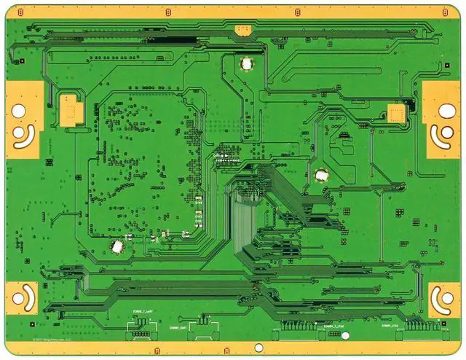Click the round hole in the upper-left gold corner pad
tap(18, 111)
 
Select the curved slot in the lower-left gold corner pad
tap(23, 295)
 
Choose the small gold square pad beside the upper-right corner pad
tap(397, 111)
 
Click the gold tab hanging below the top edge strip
tap(242, 29)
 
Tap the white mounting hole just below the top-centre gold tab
tap(246, 63)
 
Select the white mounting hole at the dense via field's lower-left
tap(116, 247)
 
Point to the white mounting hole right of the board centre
tap(320, 175)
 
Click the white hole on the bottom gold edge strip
tap(345, 336)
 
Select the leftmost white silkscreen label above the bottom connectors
tap(141, 311)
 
